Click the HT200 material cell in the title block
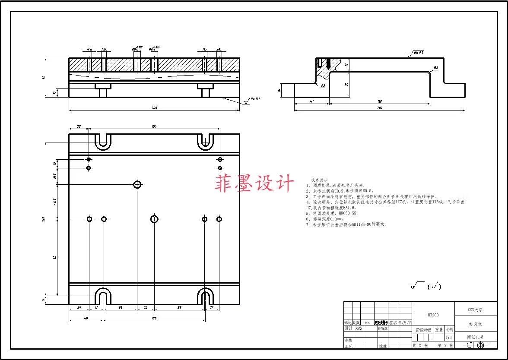(x=433, y=315)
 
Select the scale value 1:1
(x=449, y=338)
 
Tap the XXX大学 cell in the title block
(x=475, y=309)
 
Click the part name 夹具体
(x=475, y=324)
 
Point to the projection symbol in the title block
(x=476, y=345)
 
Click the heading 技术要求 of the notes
(x=320, y=179)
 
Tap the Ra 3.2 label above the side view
(x=419, y=52)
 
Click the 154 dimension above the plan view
(x=154, y=126)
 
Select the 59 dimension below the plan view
(x=179, y=307)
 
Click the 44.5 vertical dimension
(x=55, y=202)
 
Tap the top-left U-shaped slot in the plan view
(x=103, y=141)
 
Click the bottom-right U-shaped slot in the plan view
(x=206, y=296)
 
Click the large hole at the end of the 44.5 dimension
(x=137, y=184)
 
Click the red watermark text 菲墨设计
(x=254, y=183)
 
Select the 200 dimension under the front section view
(x=154, y=107)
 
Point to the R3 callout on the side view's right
(x=436, y=67)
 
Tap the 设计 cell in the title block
(x=348, y=328)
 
